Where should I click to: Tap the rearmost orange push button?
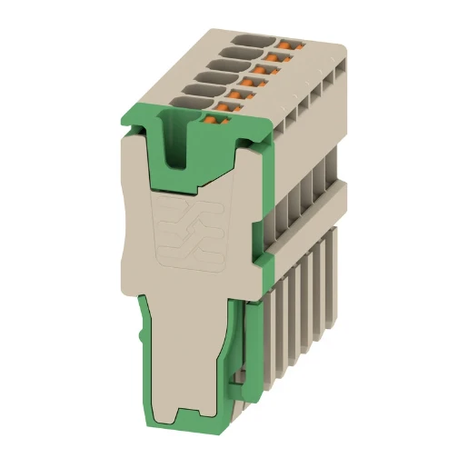(x=290, y=43)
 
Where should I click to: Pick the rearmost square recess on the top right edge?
(x=339, y=64)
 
